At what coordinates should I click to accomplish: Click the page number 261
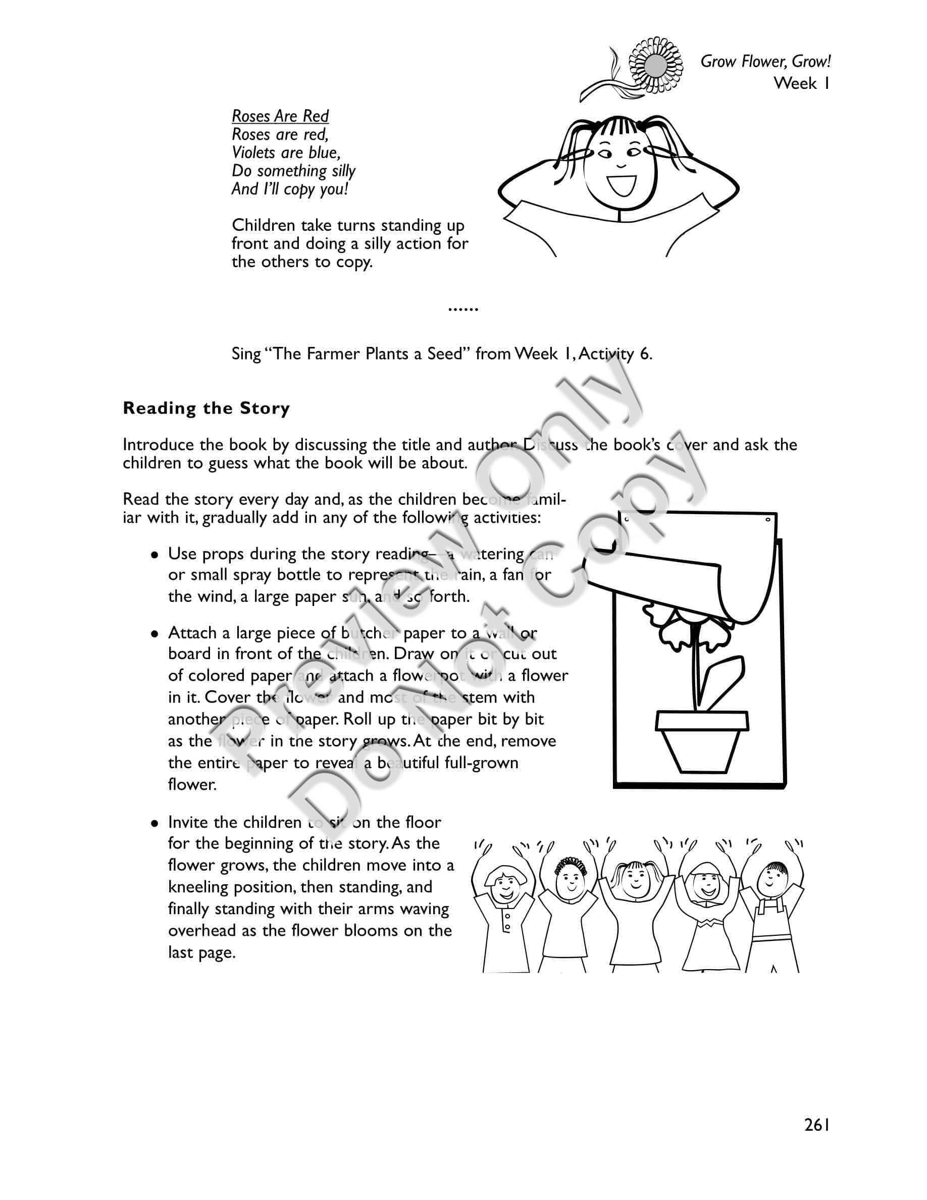(816, 1125)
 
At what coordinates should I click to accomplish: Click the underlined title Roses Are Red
(280, 116)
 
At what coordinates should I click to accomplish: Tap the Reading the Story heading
(206, 408)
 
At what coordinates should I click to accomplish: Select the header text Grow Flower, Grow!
(765, 61)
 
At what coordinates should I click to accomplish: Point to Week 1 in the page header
(801, 83)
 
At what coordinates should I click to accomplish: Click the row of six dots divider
(463, 309)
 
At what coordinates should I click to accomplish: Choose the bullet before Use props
(156, 555)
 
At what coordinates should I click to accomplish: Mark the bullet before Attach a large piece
(156, 634)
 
